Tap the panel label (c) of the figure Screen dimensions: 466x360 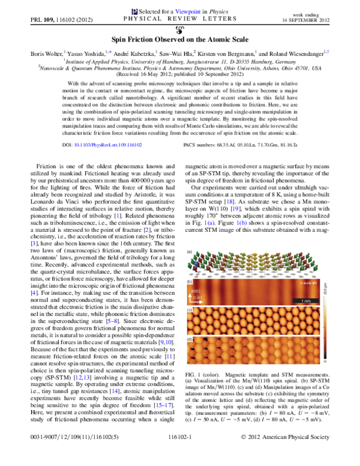(x=190, y=309)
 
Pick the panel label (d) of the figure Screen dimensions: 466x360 (x=190, y=339)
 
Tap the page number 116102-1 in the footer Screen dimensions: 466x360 (x=179, y=455)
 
